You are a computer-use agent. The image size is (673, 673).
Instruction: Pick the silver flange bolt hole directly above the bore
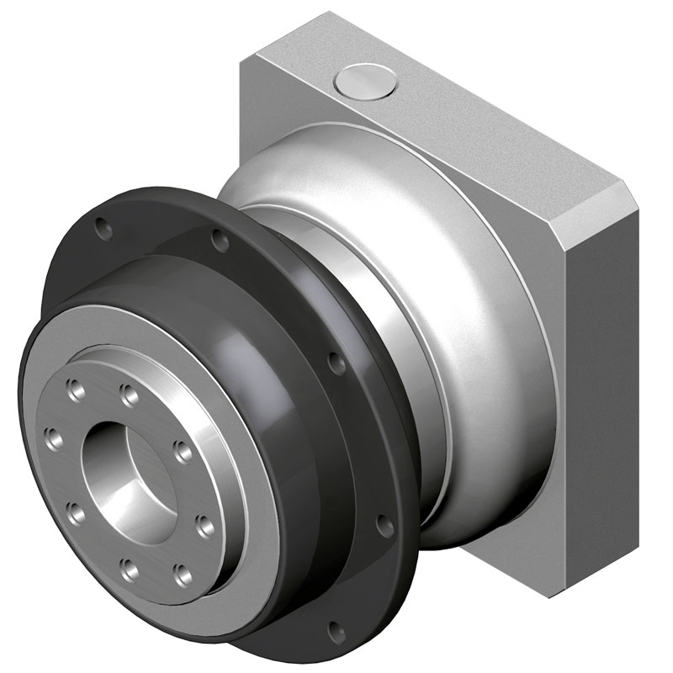[x=128, y=393]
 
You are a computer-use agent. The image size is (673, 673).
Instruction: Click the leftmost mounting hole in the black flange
[x=103, y=226]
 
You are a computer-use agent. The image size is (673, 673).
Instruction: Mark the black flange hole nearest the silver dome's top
[x=220, y=241]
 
